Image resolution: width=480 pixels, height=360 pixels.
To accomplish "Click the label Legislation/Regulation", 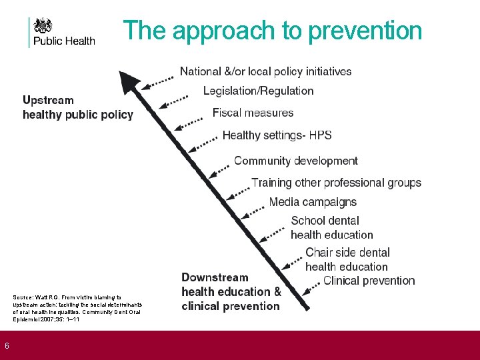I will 258,91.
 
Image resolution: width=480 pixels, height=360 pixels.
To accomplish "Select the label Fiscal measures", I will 253,113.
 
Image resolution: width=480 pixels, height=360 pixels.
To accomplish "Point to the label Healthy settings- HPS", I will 277,135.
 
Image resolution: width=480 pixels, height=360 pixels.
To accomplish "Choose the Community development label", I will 296,161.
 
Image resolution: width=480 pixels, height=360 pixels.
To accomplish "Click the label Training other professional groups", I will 336,183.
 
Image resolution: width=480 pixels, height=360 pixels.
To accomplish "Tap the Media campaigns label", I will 313,202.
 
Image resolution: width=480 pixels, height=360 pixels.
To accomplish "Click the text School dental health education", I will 331,227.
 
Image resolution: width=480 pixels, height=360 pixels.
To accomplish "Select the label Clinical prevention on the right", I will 369,281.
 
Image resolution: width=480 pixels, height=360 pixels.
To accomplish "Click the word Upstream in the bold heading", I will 48,101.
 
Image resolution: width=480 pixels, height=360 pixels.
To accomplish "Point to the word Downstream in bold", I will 215,277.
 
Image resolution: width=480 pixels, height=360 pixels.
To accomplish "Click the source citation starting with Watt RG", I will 77,308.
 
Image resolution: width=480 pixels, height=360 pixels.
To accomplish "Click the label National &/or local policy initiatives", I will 265,71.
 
